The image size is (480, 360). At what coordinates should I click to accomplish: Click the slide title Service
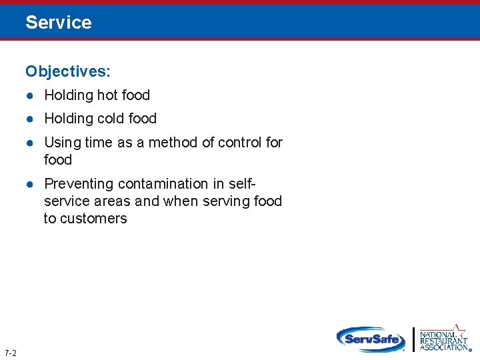point(59,23)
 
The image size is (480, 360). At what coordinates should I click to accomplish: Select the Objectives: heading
point(68,71)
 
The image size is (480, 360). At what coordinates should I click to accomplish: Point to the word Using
point(62,143)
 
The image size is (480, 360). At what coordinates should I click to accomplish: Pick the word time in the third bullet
point(98,143)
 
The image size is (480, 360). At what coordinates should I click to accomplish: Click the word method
point(173,143)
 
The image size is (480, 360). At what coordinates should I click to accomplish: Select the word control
point(240,143)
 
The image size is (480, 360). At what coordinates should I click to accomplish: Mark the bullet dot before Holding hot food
point(30,95)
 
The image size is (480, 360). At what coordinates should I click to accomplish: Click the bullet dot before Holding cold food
point(30,119)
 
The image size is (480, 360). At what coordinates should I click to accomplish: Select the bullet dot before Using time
point(30,143)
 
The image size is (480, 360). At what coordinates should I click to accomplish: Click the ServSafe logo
point(371,339)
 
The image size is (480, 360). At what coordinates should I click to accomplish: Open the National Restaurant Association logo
point(443,338)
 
